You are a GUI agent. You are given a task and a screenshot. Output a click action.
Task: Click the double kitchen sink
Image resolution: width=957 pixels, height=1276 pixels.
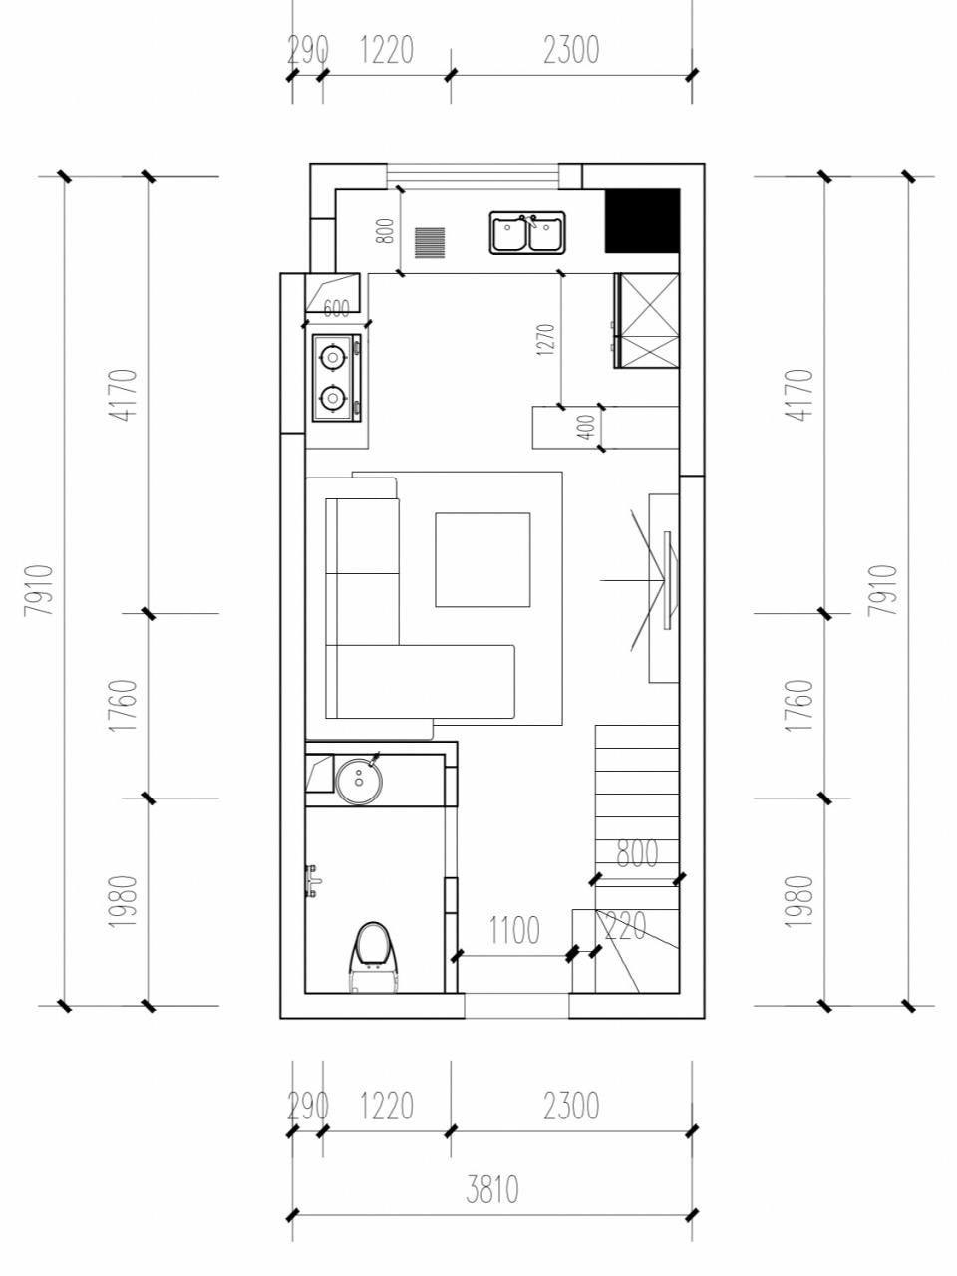click(527, 232)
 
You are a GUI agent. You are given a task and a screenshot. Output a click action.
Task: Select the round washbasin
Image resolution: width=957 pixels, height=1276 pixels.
click(359, 779)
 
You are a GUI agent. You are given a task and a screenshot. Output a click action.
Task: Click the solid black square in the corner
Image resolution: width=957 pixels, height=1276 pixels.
click(642, 221)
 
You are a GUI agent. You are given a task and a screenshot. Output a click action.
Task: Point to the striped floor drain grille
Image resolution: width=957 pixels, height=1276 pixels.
click(430, 243)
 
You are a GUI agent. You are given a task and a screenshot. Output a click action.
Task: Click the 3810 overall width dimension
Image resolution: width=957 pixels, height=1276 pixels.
click(491, 1190)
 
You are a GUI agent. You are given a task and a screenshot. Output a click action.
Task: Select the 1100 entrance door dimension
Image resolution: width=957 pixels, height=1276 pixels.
click(514, 929)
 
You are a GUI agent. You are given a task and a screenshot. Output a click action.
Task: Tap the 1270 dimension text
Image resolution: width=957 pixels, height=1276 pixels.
click(546, 340)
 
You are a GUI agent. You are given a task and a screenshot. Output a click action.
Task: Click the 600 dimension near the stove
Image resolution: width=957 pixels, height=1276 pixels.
click(336, 309)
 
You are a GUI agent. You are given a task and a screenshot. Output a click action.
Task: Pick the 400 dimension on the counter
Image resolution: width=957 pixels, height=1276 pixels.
click(587, 426)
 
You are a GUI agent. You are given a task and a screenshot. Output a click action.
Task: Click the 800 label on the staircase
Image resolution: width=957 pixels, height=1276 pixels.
click(637, 854)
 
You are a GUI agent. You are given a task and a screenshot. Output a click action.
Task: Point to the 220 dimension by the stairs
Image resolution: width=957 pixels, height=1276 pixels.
click(625, 926)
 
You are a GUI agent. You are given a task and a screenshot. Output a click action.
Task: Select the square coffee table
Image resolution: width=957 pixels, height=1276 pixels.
click(482, 560)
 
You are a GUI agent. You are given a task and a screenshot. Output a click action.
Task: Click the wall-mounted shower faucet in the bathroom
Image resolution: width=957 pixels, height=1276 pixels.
click(312, 881)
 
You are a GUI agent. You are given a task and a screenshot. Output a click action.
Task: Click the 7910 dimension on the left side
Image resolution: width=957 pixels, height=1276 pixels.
click(39, 590)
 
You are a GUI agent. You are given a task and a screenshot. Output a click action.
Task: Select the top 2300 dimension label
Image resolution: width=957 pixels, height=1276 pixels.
click(571, 50)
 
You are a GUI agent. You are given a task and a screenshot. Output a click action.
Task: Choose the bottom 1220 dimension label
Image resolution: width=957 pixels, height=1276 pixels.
click(387, 1107)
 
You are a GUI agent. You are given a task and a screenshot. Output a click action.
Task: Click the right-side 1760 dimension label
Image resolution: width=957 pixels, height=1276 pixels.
click(798, 705)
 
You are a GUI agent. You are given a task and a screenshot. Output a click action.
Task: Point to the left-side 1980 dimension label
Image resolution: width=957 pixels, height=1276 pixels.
click(123, 901)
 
